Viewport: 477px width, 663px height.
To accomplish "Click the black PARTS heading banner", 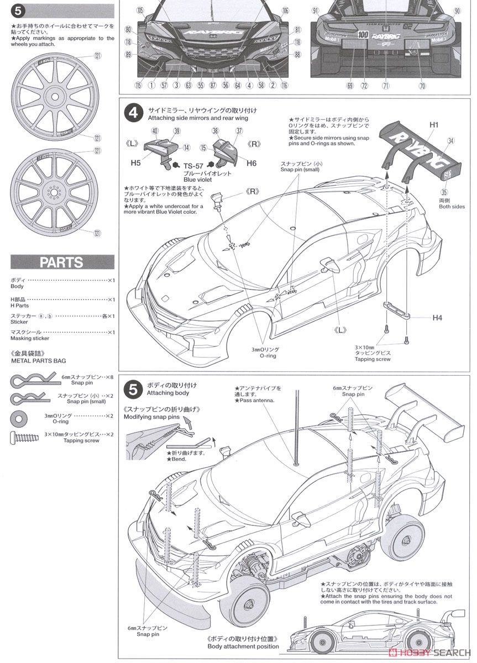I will click(x=62, y=262).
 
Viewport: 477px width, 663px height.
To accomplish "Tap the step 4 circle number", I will click(x=133, y=113).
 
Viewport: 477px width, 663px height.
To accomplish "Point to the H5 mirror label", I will click(x=137, y=164).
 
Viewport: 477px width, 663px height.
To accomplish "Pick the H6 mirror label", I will click(x=252, y=164).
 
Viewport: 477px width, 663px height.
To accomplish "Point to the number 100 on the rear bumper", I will click(x=363, y=34).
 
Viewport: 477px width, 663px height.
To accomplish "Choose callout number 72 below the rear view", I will click(x=364, y=86).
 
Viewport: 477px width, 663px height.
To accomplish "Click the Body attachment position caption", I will click(x=243, y=646).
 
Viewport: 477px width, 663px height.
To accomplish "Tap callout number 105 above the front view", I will click(x=140, y=10).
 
